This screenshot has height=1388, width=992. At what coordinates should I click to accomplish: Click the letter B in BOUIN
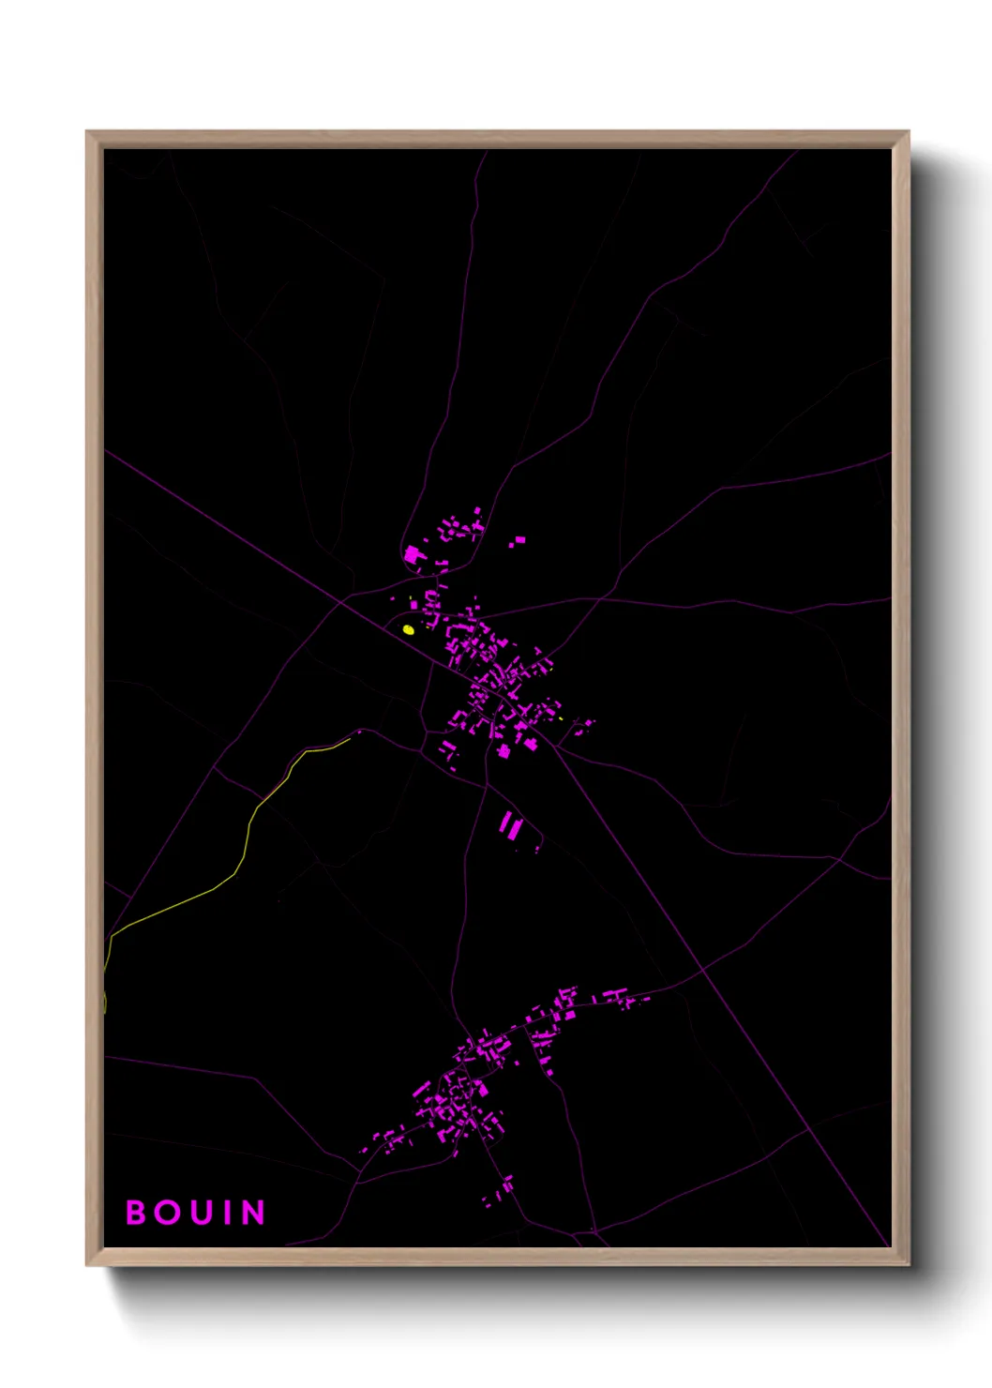click(x=136, y=1213)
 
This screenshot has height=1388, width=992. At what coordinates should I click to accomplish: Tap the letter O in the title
click(x=167, y=1213)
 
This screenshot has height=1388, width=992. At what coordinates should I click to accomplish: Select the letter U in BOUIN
click(x=199, y=1213)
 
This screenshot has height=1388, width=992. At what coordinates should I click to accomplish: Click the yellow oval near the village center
click(x=408, y=630)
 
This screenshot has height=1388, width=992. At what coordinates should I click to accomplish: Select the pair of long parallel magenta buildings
click(x=510, y=827)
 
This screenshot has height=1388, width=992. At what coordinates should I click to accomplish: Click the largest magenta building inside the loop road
click(x=413, y=556)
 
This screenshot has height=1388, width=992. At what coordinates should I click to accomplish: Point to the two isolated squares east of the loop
click(x=516, y=541)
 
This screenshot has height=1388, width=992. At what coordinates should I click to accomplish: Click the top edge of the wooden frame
click(x=497, y=139)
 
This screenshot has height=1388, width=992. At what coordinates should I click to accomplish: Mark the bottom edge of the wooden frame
click(x=497, y=1257)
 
